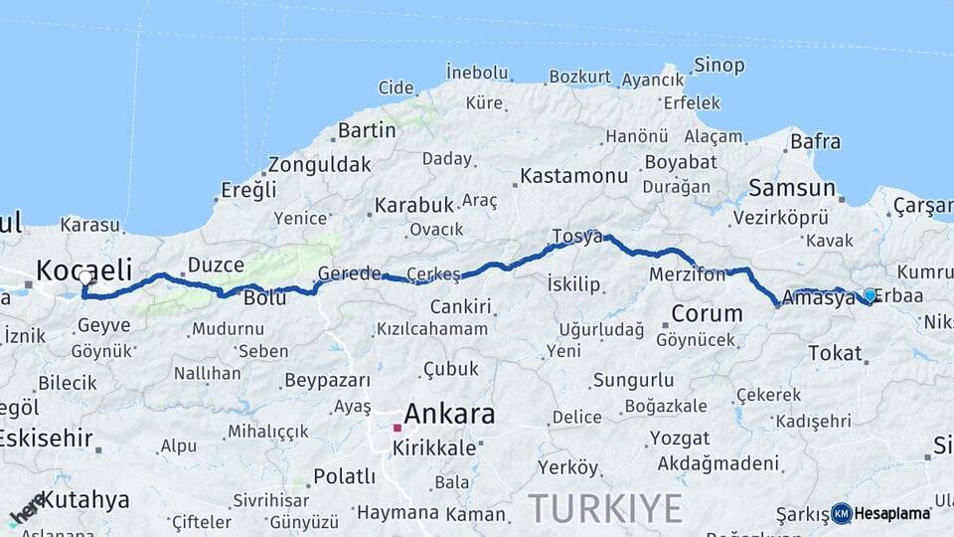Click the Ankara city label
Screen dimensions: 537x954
[449, 414]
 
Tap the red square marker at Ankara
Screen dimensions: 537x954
[397, 428]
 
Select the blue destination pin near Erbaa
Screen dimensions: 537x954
[870, 295]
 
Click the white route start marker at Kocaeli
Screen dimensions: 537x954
[85, 278]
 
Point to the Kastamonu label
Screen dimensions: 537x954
[574, 176]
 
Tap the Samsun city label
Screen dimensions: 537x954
[792, 186]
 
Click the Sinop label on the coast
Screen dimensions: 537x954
[719, 66]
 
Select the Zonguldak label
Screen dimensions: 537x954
[319, 165]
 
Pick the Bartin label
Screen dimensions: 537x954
[367, 130]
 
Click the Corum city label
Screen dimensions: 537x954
[707, 313]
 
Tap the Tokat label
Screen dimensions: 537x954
[835, 353]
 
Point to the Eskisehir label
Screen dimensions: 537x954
[46, 438]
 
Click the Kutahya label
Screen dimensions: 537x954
[84, 499]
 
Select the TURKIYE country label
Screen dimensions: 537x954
[605, 508]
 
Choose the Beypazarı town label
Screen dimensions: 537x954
[327, 380]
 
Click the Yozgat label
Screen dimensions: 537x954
[680, 438]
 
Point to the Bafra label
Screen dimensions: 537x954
[815, 142]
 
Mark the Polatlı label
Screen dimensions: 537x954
[344, 475]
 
